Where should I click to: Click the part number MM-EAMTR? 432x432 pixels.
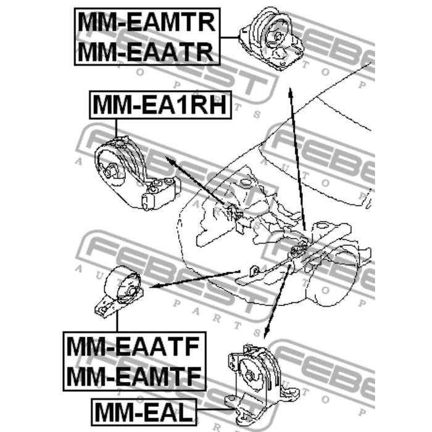147,23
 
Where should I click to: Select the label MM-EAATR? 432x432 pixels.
146,52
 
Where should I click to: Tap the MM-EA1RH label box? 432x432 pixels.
160,105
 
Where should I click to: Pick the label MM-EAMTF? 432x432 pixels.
134,376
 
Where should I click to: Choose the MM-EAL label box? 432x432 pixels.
144,412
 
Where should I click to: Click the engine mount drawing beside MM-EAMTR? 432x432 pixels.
272,38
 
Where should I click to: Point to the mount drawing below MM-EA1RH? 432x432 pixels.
137,173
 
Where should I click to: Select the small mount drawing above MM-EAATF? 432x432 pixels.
118,293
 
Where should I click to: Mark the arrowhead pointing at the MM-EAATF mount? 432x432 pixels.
154,286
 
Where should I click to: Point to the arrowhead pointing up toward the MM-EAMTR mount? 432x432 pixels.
290,93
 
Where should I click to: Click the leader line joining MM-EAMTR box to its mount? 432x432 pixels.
230,37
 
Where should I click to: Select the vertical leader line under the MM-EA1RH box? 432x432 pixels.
116,128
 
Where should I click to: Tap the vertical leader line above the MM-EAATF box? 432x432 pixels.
117,321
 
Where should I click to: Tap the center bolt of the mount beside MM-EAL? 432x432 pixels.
249,375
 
